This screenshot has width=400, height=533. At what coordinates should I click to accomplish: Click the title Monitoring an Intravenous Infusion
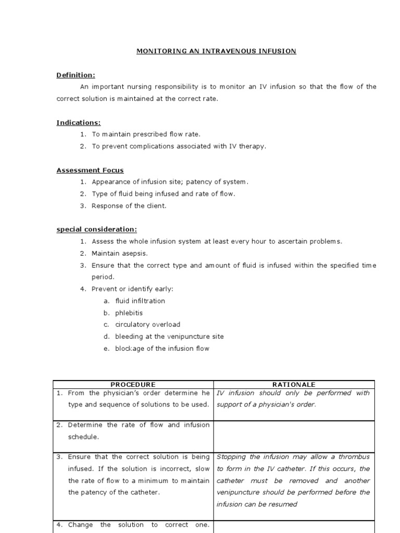[216, 51]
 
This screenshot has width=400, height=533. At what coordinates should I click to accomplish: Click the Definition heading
[76, 75]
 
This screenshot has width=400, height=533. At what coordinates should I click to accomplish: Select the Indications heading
[79, 123]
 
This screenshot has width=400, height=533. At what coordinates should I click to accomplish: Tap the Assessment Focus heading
[90, 170]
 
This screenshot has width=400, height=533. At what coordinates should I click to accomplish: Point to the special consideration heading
[97, 230]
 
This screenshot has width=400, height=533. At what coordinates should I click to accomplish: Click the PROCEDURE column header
[133, 385]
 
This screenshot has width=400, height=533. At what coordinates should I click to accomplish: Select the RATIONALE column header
[294, 385]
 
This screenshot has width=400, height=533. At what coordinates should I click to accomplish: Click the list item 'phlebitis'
[129, 313]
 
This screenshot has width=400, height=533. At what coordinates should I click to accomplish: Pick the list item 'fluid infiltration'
[140, 301]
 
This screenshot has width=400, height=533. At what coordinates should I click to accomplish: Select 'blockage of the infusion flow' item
[162, 349]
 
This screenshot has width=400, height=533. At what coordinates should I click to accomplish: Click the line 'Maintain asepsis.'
[119, 253]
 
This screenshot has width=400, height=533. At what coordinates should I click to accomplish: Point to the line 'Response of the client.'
[129, 206]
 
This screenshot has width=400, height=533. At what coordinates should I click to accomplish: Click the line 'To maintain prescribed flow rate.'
[146, 134]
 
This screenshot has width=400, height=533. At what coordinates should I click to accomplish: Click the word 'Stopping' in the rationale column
[231, 457]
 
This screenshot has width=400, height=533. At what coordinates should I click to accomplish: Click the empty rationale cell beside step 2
[294, 436]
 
